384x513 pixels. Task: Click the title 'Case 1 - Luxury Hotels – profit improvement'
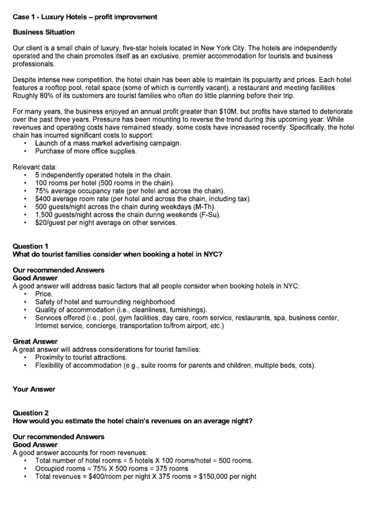coord(85,17)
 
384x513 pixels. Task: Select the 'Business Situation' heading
coord(44,32)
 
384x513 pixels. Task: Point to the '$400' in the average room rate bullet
coord(42,199)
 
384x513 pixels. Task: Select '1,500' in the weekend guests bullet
coord(44,215)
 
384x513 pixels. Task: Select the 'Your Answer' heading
coord(34,389)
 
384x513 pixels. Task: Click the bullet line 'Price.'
coord(44,294)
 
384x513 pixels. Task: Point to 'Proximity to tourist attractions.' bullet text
coord(81,357)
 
